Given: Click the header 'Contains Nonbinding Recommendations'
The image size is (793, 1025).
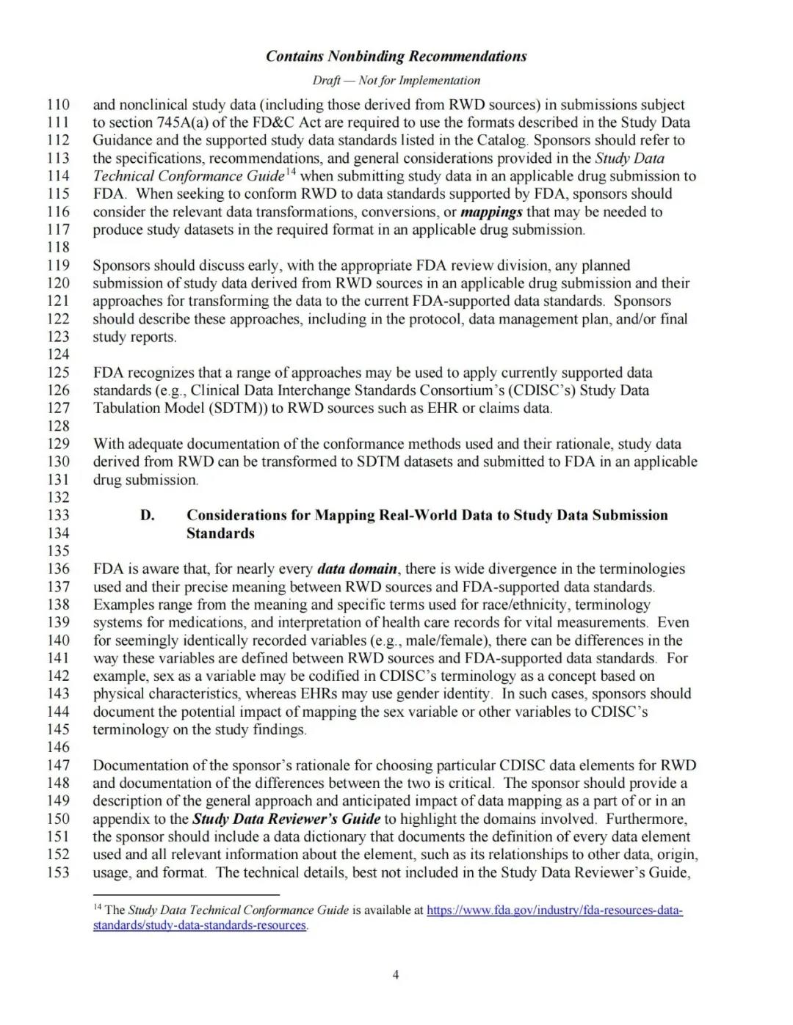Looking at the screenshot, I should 396,56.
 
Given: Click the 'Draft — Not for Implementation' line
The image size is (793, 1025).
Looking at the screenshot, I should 396,80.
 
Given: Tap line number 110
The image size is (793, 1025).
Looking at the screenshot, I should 58,105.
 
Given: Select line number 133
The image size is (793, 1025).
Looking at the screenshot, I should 58,515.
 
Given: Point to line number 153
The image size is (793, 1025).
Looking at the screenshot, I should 58,872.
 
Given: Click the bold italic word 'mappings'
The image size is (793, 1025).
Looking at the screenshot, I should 491,212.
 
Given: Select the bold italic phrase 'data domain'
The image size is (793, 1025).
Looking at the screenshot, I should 357,569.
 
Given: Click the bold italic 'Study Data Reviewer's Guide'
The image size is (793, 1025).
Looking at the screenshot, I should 286,819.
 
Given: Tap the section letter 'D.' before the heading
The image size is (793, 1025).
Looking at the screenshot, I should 148,515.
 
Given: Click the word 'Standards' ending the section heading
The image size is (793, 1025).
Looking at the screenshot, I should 220,533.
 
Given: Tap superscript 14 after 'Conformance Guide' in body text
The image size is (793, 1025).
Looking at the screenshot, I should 291,172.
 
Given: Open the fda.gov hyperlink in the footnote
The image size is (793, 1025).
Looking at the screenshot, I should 554,911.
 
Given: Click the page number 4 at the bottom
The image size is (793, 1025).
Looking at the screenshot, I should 396,975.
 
